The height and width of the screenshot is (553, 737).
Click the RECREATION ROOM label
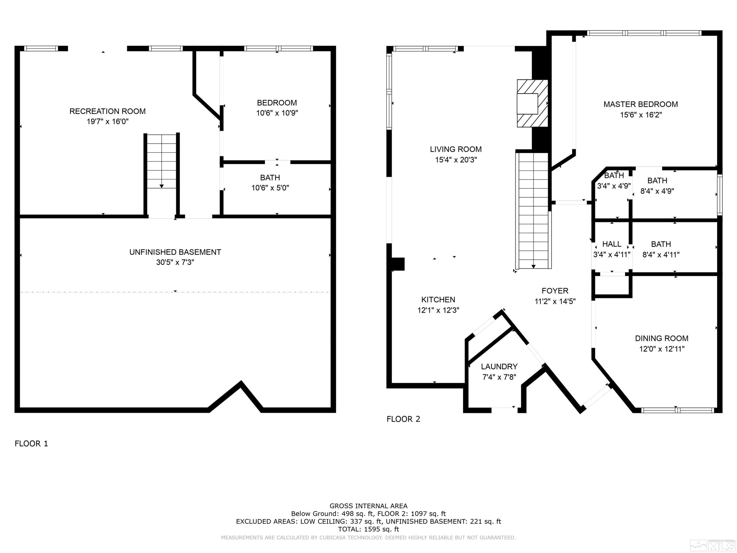107,111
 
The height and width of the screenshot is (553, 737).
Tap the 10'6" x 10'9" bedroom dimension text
277,113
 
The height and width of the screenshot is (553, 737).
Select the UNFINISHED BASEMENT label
175,252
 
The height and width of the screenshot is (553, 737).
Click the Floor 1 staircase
162,161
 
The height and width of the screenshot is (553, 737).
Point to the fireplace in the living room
532,103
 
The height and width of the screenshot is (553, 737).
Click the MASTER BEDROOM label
641,104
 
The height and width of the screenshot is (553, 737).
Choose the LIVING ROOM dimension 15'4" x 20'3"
456,160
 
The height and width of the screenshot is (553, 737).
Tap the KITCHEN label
438,300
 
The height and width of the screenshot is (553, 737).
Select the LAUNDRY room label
499,367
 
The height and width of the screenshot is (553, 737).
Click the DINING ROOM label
662,338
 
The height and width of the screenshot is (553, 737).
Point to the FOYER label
555,291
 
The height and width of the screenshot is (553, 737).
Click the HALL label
612,244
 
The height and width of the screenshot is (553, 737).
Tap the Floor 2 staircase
533,211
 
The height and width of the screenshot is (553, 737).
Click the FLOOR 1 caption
31,443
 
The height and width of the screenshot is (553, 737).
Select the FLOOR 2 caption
403,419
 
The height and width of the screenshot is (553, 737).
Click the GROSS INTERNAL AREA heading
368,506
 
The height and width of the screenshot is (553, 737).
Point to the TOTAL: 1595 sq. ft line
368,529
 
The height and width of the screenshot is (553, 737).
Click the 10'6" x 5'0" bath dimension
270,188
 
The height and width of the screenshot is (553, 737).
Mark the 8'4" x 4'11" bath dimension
661,255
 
